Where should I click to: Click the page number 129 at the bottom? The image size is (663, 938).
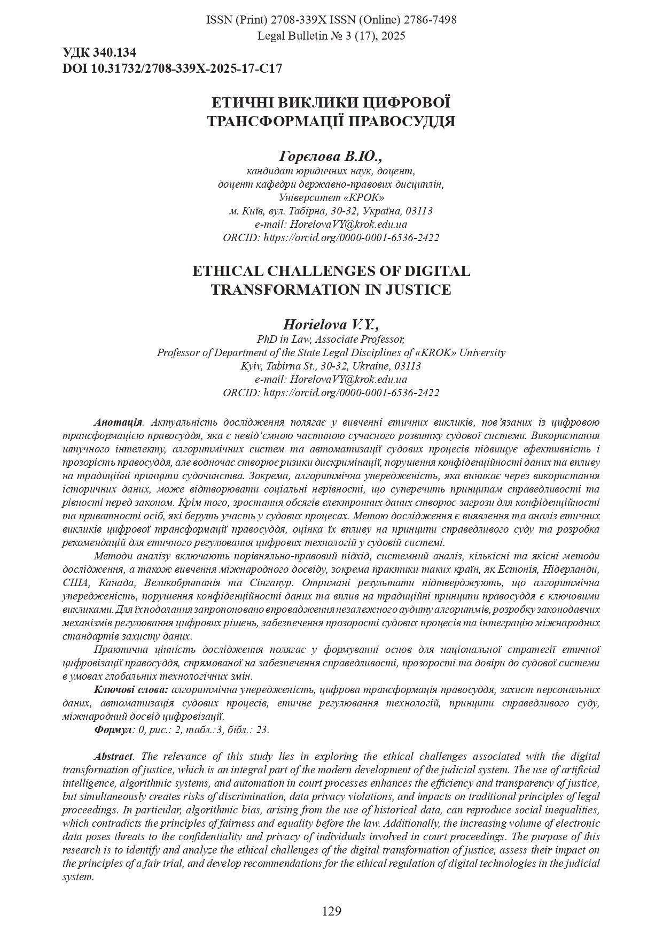coord(331,911)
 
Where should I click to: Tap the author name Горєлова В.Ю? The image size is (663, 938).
coord(331,156)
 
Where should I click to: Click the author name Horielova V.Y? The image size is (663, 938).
coord(331,325)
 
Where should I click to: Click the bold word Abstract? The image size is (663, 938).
coord(113,756)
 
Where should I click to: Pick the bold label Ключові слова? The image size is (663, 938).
coord(131,689)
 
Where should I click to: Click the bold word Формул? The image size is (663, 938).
coord(112,729)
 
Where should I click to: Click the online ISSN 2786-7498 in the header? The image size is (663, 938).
coord(430,20)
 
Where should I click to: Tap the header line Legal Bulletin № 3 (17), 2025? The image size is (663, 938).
coord(331,36)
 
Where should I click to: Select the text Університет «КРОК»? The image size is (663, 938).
coord(331,197)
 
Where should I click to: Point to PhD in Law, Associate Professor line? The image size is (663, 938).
coord(331,339)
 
